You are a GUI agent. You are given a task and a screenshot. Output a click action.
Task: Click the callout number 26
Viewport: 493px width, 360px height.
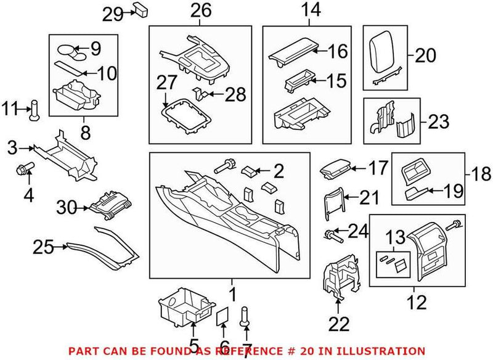[200, 10]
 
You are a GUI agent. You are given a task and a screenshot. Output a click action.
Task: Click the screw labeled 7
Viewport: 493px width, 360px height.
[246, 317]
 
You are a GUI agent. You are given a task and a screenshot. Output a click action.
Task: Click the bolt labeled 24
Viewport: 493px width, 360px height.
[333, 234]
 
